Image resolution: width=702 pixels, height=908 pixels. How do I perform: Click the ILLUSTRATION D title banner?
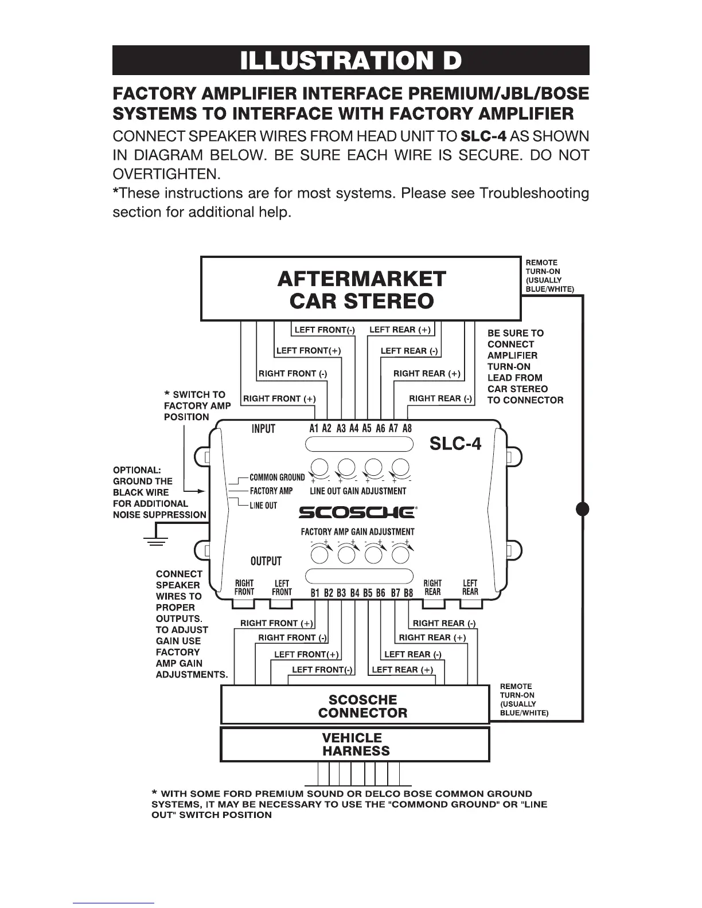tap(350, 60)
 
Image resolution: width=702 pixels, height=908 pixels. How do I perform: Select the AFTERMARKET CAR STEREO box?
tap(361, 289)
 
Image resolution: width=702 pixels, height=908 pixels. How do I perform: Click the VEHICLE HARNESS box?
tap(355, 744)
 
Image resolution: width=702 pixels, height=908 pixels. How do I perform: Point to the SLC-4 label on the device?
tap(455, 444)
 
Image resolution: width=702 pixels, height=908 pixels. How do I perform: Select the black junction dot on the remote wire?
tap(583, 508)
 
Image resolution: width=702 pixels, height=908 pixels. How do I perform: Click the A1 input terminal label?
tap(314, 428)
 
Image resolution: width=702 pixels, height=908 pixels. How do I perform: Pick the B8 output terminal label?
tap(408, 593)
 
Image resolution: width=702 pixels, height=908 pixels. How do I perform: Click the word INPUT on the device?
tap(263, 429)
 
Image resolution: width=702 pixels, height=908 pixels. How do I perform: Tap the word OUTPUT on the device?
tap(266, 561)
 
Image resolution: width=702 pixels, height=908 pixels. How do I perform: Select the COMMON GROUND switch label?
tap(277, 477)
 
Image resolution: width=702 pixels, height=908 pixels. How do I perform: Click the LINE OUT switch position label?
tap(263, 505)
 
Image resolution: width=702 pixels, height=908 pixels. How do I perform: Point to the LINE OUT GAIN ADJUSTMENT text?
tap(358, 491)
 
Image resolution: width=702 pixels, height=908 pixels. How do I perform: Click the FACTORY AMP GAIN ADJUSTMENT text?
tap(357, 531)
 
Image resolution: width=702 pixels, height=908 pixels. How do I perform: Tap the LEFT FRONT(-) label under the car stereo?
tap(324, 330)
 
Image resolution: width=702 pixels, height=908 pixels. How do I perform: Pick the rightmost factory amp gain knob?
tap(400, 554)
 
